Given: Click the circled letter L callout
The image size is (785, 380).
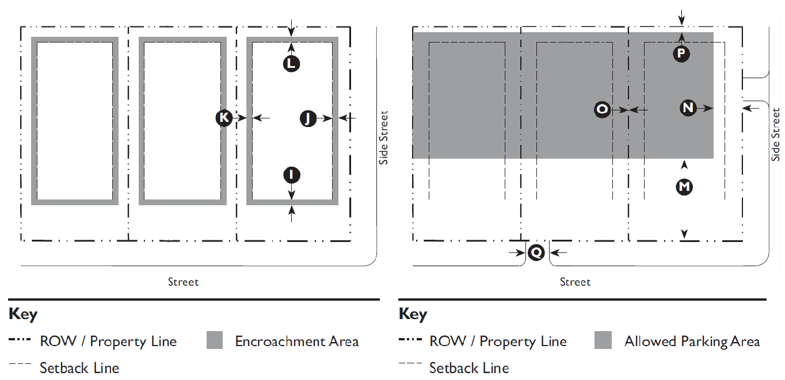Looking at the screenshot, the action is [x=292, y=63].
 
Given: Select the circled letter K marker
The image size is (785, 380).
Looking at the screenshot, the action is [x=224, y=118].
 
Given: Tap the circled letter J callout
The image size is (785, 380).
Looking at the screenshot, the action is [x=308, y=118].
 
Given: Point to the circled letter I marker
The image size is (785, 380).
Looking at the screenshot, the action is [x=292, y=174].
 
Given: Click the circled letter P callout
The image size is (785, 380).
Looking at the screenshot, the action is [x=681, y=53].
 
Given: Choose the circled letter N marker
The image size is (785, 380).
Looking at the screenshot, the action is [x=688, y=108].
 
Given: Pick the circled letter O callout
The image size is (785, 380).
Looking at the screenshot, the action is [x=602, y=109].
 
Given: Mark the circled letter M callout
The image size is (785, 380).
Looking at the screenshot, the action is [x=684, y=186].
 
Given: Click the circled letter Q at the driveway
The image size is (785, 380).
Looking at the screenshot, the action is [x=536, y=252].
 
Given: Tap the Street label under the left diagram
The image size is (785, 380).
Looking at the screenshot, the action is [x=183, y=282].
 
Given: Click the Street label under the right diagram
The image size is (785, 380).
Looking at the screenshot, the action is [x=575, y=282].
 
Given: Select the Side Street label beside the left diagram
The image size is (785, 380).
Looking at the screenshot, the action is [x=384, y=138].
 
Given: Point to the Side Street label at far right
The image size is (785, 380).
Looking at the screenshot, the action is [x=775, y=135].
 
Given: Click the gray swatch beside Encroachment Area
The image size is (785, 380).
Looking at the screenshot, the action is [x=215, y=341].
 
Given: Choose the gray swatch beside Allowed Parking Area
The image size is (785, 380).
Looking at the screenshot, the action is [x=604, y=340].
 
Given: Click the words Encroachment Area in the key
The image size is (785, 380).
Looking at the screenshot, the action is [x=296, y=341].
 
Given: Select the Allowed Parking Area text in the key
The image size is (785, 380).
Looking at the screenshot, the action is [x=692, y=341].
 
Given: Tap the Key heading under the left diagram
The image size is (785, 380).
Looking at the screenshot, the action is [x=23, y=314].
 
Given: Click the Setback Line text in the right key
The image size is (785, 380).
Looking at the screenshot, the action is [x=469, y=367].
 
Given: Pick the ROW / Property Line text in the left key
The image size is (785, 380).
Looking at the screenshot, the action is [x=108, y=341].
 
